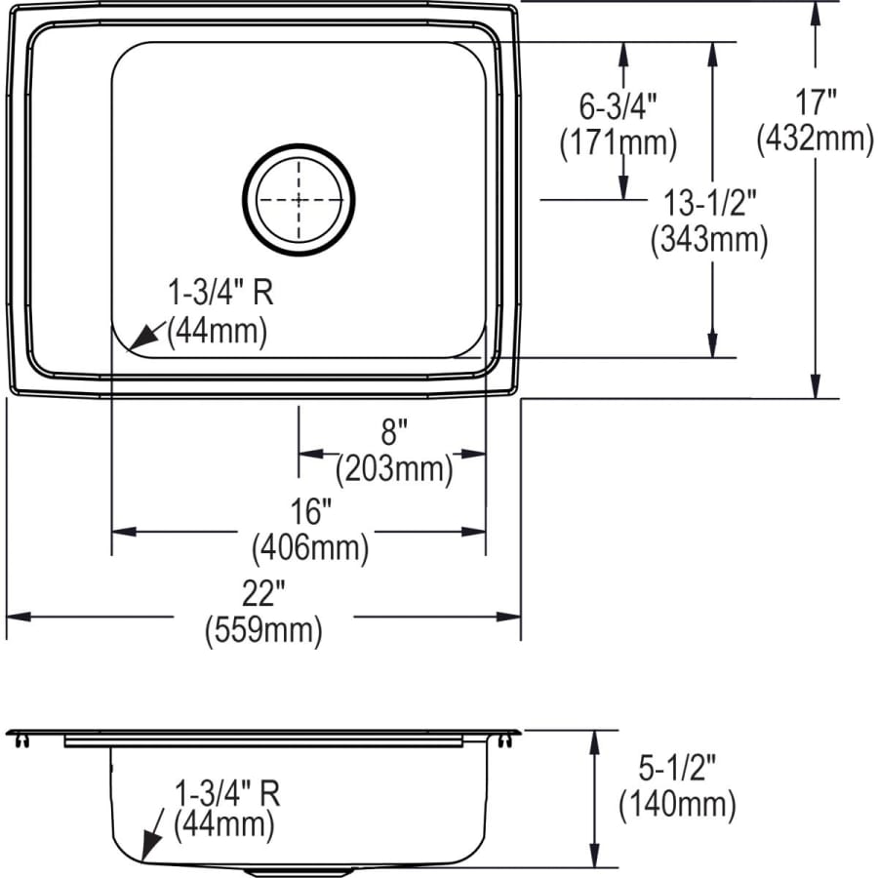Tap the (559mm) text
pos(262,631)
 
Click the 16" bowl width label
pos(311,510)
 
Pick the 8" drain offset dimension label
pos(393,430)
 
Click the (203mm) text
pos(394,470)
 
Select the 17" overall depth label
pos(814,100)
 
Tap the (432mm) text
pos(815,140)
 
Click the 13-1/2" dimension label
pos(709,202)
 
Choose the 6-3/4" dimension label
pos(618,103)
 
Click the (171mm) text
pos(618,142)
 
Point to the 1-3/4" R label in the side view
pos(225,791)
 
